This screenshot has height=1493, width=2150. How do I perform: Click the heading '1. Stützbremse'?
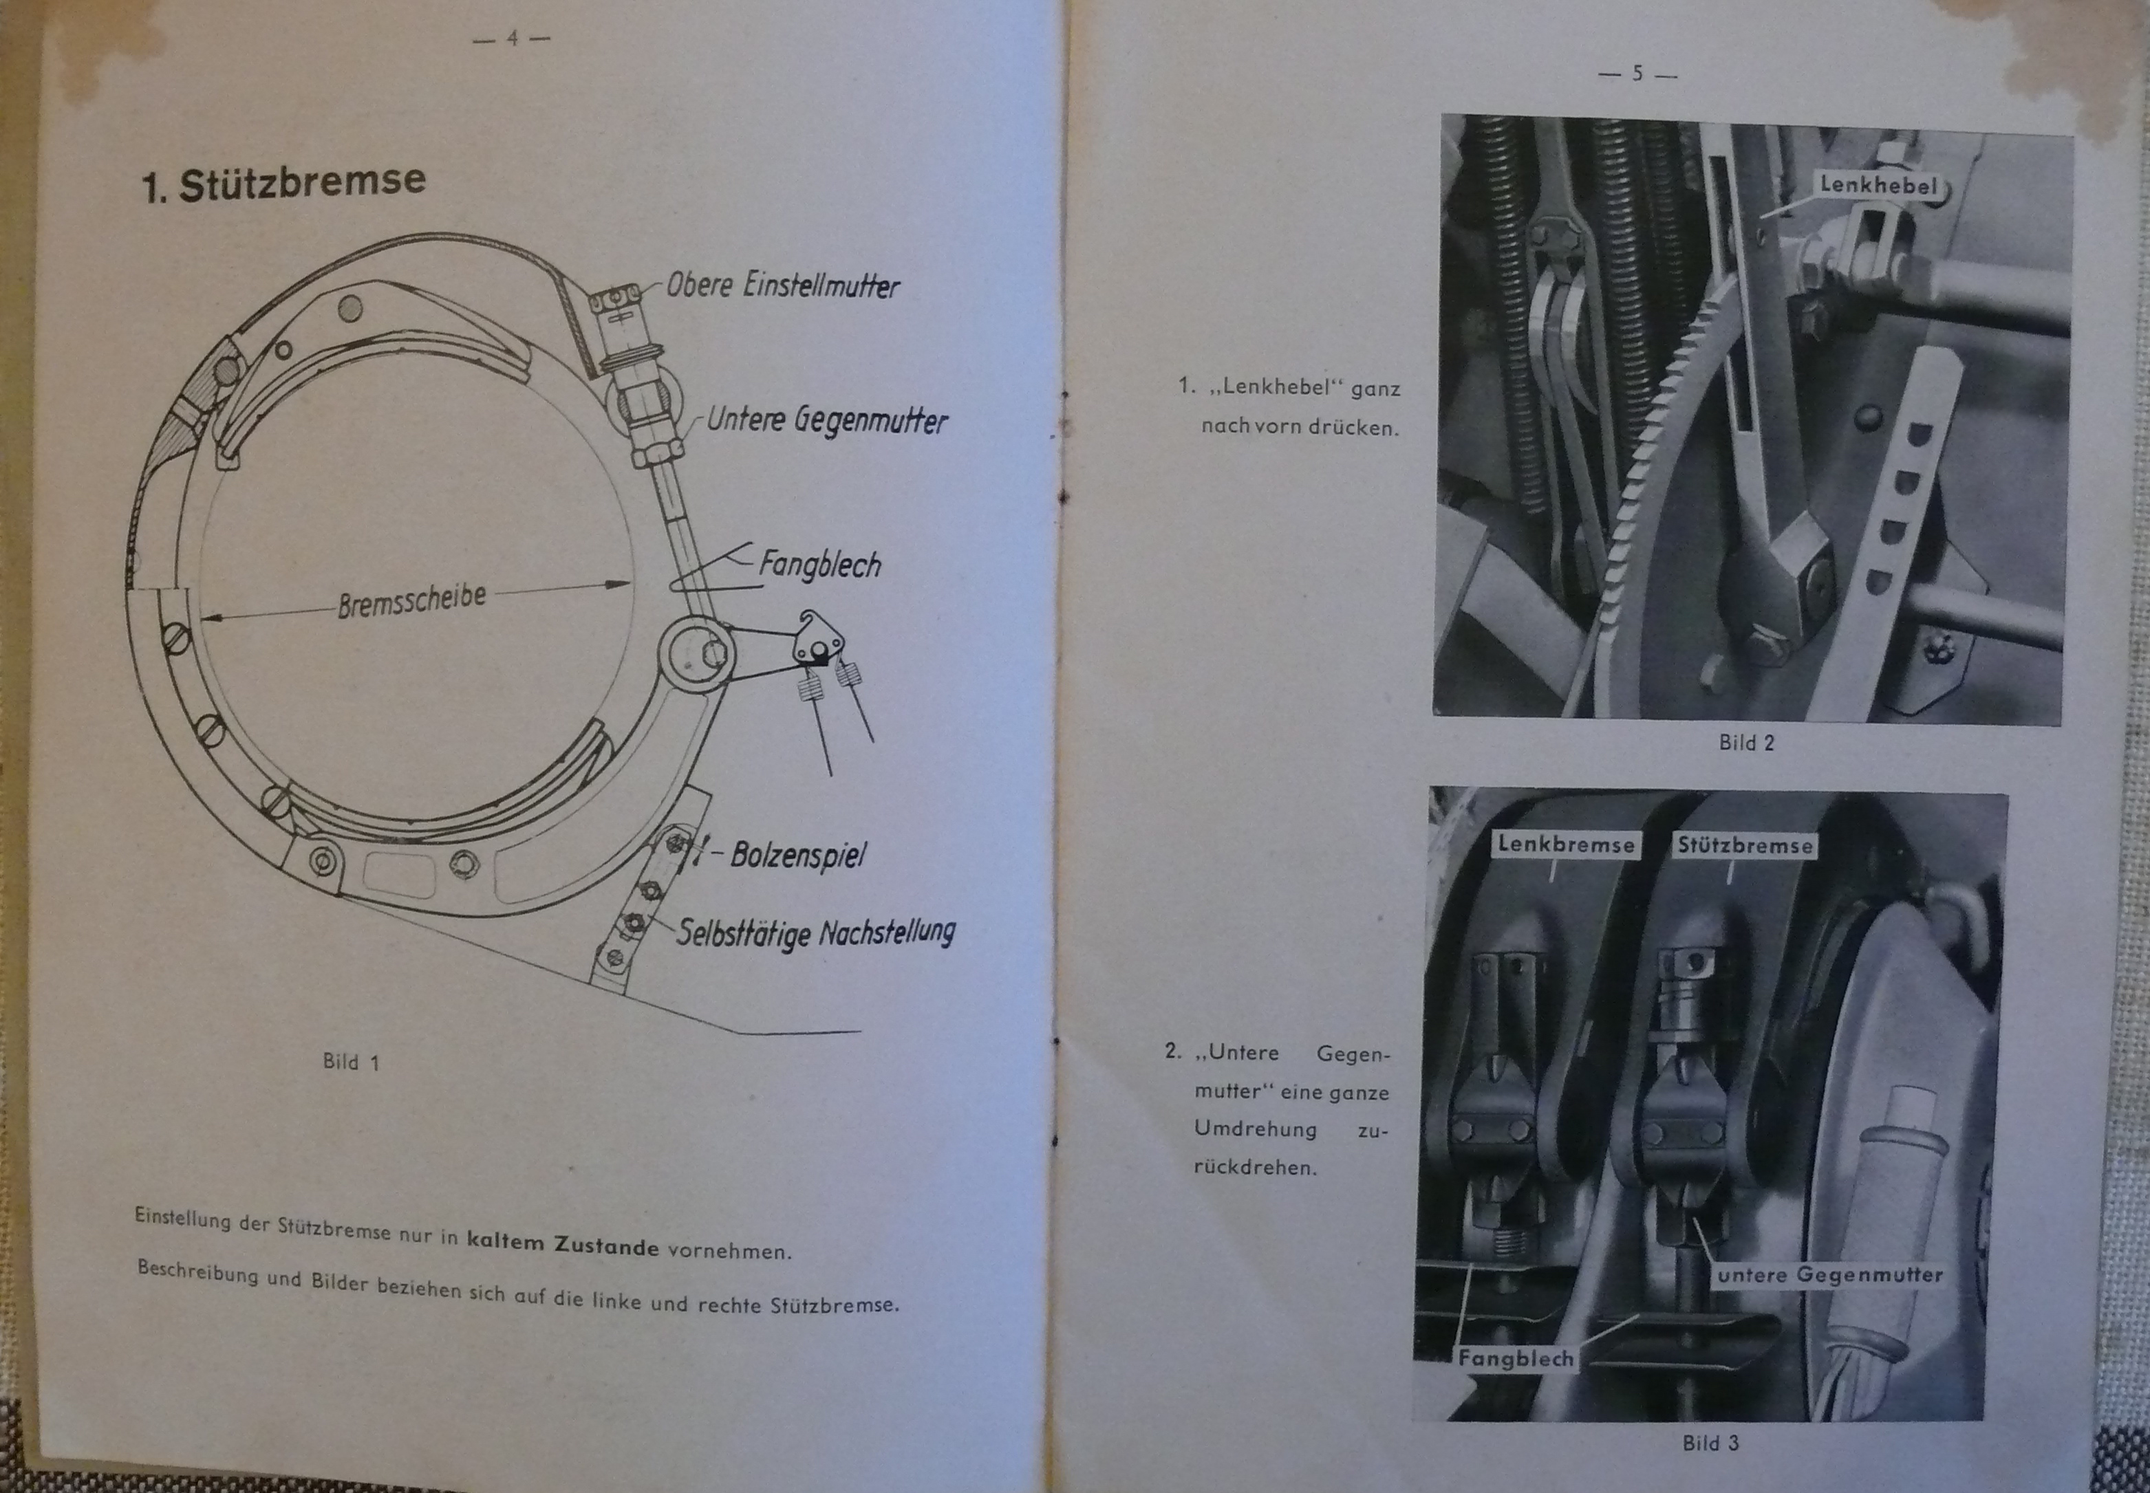[283, 182]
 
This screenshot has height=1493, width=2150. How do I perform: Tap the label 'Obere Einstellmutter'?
[782, 285]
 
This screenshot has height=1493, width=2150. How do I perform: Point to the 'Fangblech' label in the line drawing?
[819, 564]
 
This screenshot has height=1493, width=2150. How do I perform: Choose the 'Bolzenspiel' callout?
[798, 854]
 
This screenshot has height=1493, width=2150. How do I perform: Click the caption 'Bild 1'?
[351, 1062]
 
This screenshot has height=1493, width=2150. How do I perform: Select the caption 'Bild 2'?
[1746, 743]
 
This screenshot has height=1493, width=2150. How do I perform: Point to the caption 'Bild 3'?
[1710, 1443]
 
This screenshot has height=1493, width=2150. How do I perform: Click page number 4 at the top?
[512, 39]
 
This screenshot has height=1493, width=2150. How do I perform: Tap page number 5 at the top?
[1637, 73]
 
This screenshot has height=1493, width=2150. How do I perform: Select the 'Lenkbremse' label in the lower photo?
[1565, 844]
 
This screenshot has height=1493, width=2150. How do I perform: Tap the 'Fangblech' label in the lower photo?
[1516, 1358]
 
